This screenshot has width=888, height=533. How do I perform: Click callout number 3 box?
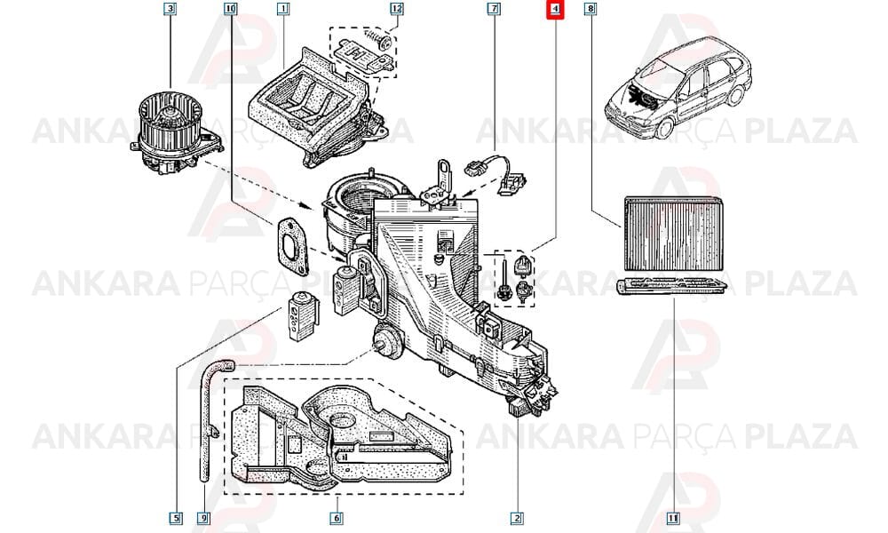[170, 9]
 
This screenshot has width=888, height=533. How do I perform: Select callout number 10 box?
[230, 9]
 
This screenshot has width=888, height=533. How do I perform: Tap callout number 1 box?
[283, 9]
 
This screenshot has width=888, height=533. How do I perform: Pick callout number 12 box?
[396, 9]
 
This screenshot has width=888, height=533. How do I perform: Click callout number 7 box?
[494, 9]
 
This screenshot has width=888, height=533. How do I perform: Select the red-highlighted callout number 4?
[556, 9]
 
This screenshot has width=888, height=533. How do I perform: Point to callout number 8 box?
[591, 9]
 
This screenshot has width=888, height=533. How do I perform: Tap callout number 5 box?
[176, 518]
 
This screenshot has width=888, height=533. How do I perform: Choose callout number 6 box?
[337, 518]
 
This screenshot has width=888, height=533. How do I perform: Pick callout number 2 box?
[517, 518]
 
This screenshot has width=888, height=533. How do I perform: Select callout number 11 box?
[673, 518]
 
